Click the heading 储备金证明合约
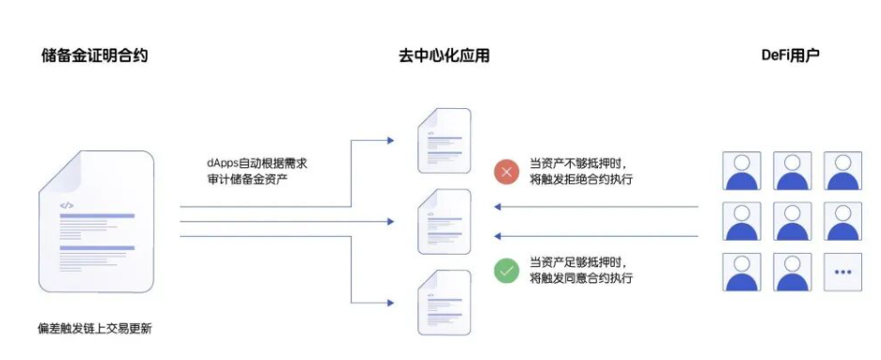(x=94, y=55)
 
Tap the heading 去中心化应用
(x=444, y=55)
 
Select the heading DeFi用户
(x=791, y=55)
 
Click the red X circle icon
(x=506, y=172)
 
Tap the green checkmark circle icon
(x=506, y=271)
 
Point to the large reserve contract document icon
(x=96, y=221)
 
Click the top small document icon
(x=444, y=140)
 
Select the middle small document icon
(x=444, y=221)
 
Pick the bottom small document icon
(x=444, y=302)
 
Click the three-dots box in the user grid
(x=842, y=272)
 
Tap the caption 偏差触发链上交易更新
(x=94, y=329)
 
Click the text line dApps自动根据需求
(x=258, y=164)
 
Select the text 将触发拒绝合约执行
(x=581, y=180)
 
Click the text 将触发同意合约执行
(x=581, y=278)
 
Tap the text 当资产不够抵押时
(x=578, y=164)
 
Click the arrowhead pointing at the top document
(x=390, y=140)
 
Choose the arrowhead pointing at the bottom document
(x=390, y=303)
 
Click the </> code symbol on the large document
(x=67, y=206)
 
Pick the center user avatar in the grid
(x=793, y=221)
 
